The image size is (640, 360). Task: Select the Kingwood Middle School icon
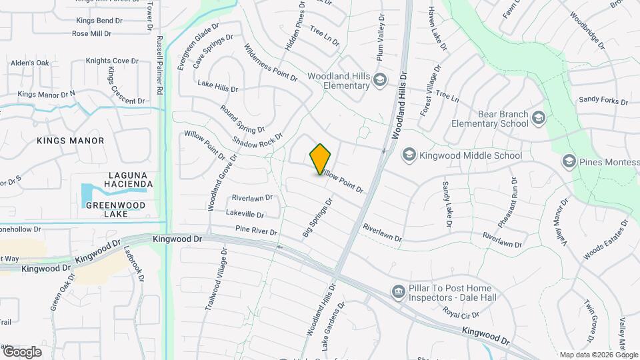coord(409,155)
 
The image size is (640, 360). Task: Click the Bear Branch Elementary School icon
coord(539,119)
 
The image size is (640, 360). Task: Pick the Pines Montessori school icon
coord(569,161)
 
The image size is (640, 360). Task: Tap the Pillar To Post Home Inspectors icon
coord(399,291)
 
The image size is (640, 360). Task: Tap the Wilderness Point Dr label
coord(271,63)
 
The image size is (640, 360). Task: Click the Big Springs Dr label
coord(317,218)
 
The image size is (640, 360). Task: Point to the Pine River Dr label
coord(257,231)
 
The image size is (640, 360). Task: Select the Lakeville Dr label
coord(245,214)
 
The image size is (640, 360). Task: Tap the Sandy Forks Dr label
coord(603,101)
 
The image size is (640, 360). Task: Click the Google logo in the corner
coord(21,351)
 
